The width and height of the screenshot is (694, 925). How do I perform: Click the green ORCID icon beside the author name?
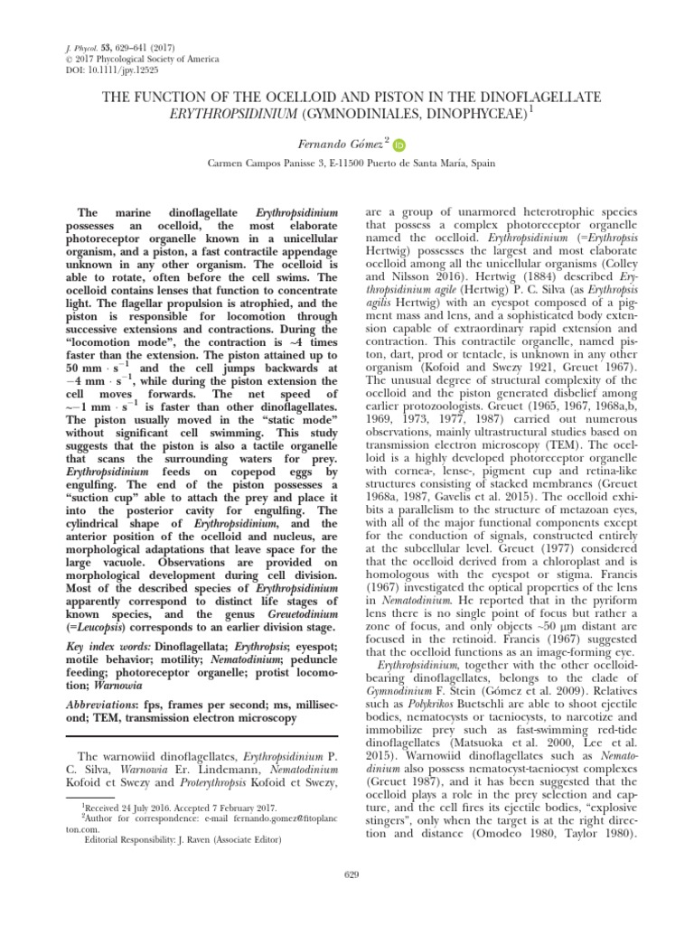pyautogui.click(x=400, y=144)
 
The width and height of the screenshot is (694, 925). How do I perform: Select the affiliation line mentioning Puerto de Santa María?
pyautogui.click(x=348, y=166)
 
